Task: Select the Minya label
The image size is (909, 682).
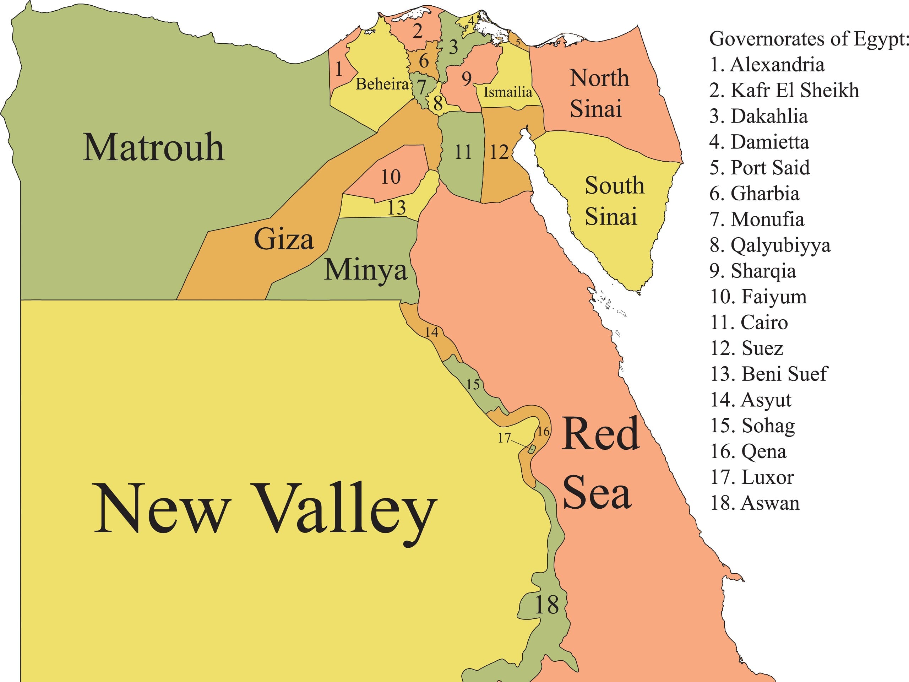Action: click(365, 270)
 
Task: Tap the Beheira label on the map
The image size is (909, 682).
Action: click(382, 84)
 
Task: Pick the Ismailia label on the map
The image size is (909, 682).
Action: click(507, 92)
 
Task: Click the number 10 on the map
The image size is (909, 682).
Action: click(390, 177)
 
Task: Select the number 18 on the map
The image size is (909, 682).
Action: click(546, 605)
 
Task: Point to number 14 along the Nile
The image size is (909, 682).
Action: click(431, 332)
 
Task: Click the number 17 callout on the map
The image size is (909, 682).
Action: click(504, 438)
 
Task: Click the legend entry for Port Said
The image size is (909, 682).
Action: click(760, 168)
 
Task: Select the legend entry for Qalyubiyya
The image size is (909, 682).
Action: click(770, 245)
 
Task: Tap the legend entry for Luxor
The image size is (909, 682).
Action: click(752, 477)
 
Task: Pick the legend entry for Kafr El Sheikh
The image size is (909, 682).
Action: click(784, 91)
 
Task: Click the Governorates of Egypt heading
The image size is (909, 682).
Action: click(807, 39)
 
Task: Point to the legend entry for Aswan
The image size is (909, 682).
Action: click(755, 503)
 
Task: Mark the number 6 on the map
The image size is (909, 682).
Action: click(424, 61)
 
